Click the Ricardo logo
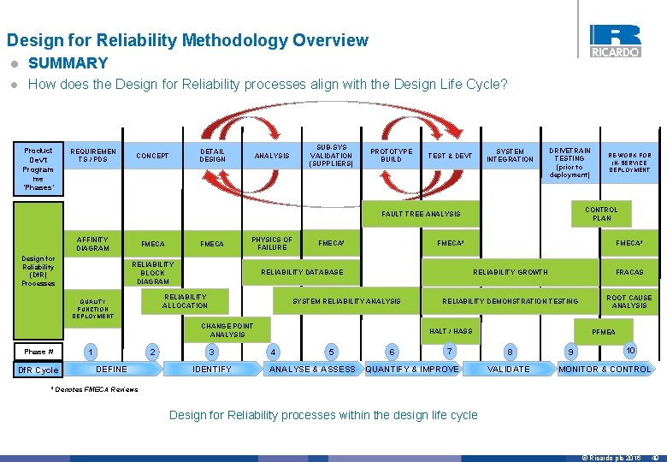[614, 40]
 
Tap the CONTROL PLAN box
[601, 214]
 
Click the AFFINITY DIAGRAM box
[92, 244]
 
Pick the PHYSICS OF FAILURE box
[271, 244]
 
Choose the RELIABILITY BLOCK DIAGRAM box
[153, 273]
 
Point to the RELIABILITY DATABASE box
[302, 272]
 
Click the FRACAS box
[629, 272]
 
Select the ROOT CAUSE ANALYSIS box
[629, 301]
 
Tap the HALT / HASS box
[451, 331]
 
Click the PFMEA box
[604, 331]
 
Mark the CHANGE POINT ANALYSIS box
[227, 329]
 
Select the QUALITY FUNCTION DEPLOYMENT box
[92, 309]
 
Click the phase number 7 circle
[449, 351]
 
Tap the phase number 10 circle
[629, 350]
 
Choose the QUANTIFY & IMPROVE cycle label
[412, 370]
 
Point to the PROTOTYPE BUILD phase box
[391, 155]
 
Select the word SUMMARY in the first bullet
[68, 63]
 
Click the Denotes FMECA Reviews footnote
[93, 390]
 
